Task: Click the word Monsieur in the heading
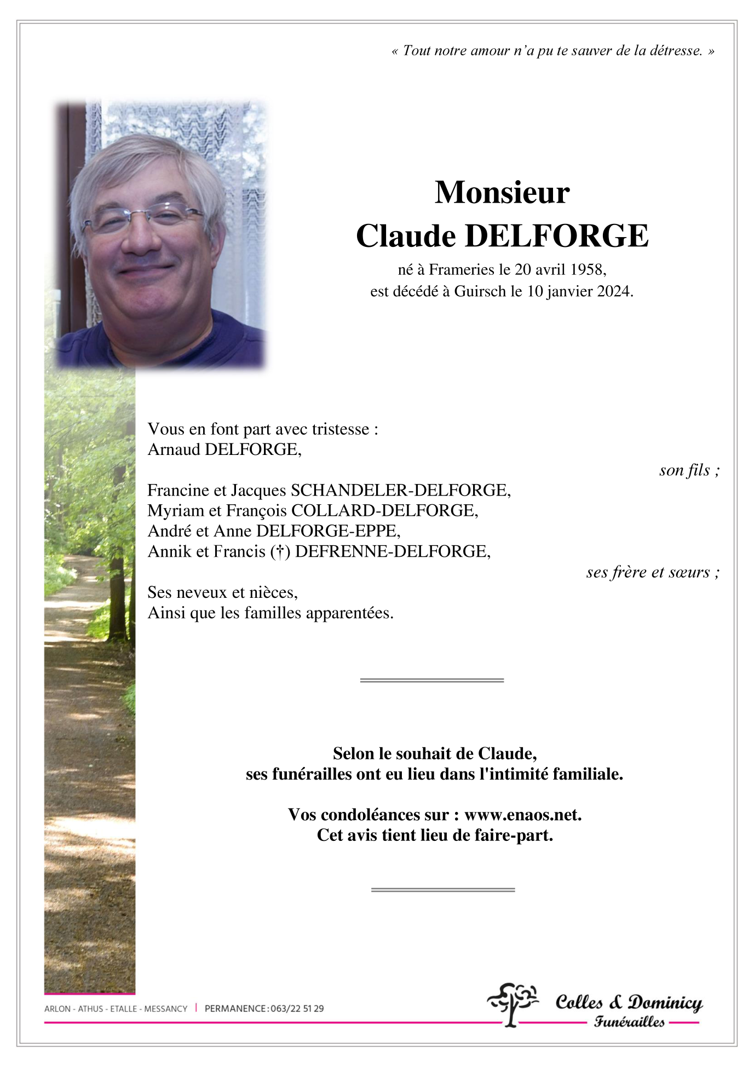[x=502, y=193]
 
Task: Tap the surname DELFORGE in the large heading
[x=556, y=237]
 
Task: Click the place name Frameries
[x=461, y=270]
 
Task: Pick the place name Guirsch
[x=480, y=292]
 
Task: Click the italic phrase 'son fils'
[x=684, y=470]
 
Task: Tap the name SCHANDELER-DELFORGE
[x=400, y=491]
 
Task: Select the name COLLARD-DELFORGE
[x=384, y=511]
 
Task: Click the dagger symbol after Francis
[x=280, y=552]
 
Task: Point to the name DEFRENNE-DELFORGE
[x=392, y=552]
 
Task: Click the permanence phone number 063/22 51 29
[x=297, y=1008]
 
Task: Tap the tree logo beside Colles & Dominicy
[x=513, y=1003]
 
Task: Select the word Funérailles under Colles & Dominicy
[x=629, y=1022]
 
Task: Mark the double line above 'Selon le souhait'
[x=431, y=680]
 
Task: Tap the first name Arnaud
[x=174, y=450]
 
